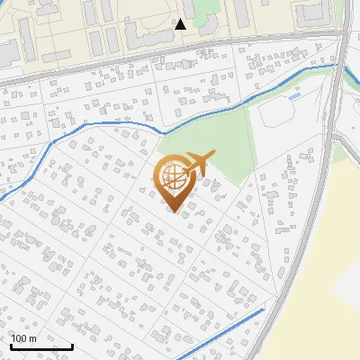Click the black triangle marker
point(181,24)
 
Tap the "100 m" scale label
point(24,338)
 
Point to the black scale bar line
point(41,346)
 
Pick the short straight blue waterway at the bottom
point(225,329)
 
